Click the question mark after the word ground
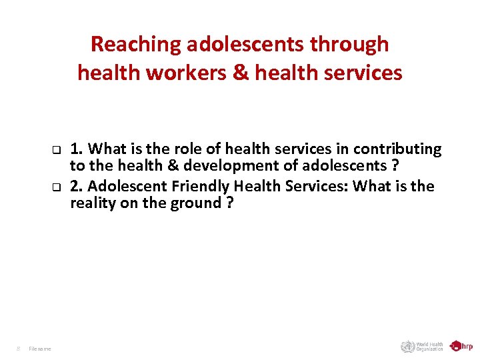coord(229,203)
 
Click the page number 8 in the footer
coord(18,348)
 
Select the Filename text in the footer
coord(40,348)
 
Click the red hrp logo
coord(461,346)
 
